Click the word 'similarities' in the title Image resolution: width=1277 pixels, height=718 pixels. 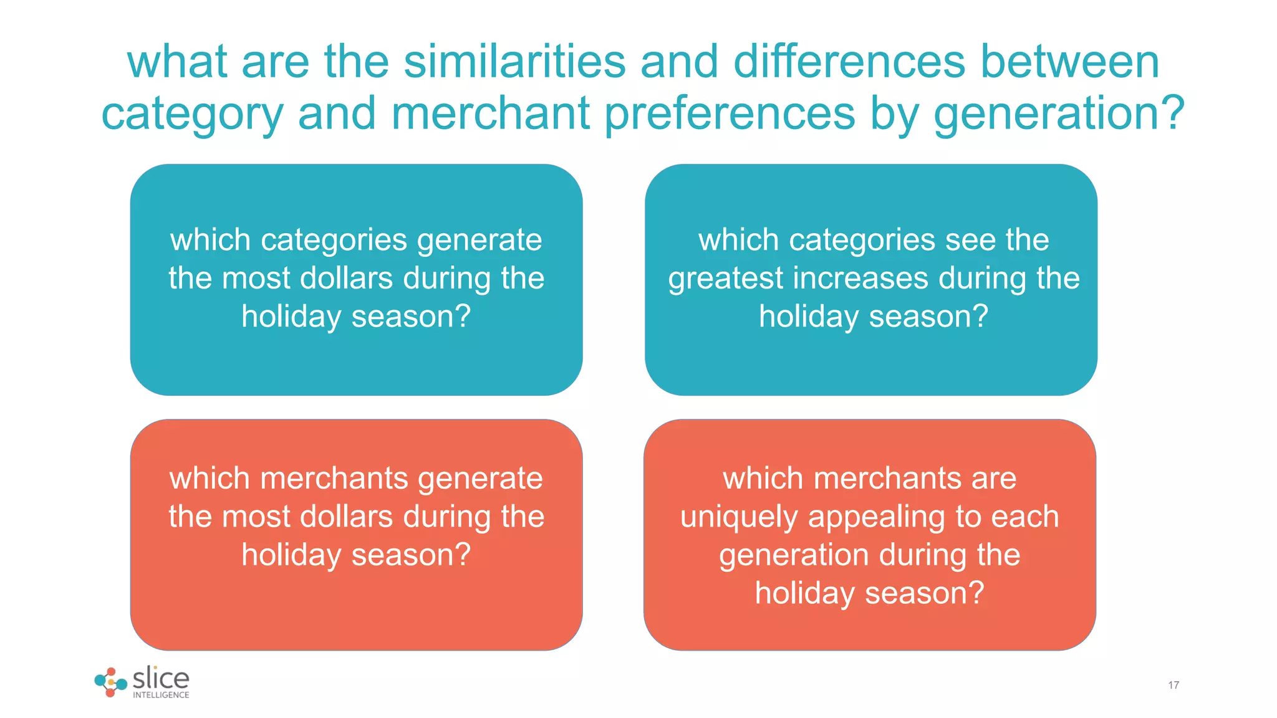514,62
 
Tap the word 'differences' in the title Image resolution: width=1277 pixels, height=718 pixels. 849,62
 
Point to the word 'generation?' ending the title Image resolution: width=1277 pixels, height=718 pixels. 1059,113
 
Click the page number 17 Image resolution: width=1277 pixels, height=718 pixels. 1173,685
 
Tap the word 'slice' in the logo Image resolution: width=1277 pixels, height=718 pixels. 161,678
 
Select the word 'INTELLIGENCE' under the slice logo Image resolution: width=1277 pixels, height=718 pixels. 161,695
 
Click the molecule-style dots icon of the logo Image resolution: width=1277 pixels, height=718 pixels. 110,682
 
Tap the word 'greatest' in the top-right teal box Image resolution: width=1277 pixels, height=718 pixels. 725,279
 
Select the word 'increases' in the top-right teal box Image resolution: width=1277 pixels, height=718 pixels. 860,278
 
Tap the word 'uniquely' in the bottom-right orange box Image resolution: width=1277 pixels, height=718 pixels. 738,517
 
